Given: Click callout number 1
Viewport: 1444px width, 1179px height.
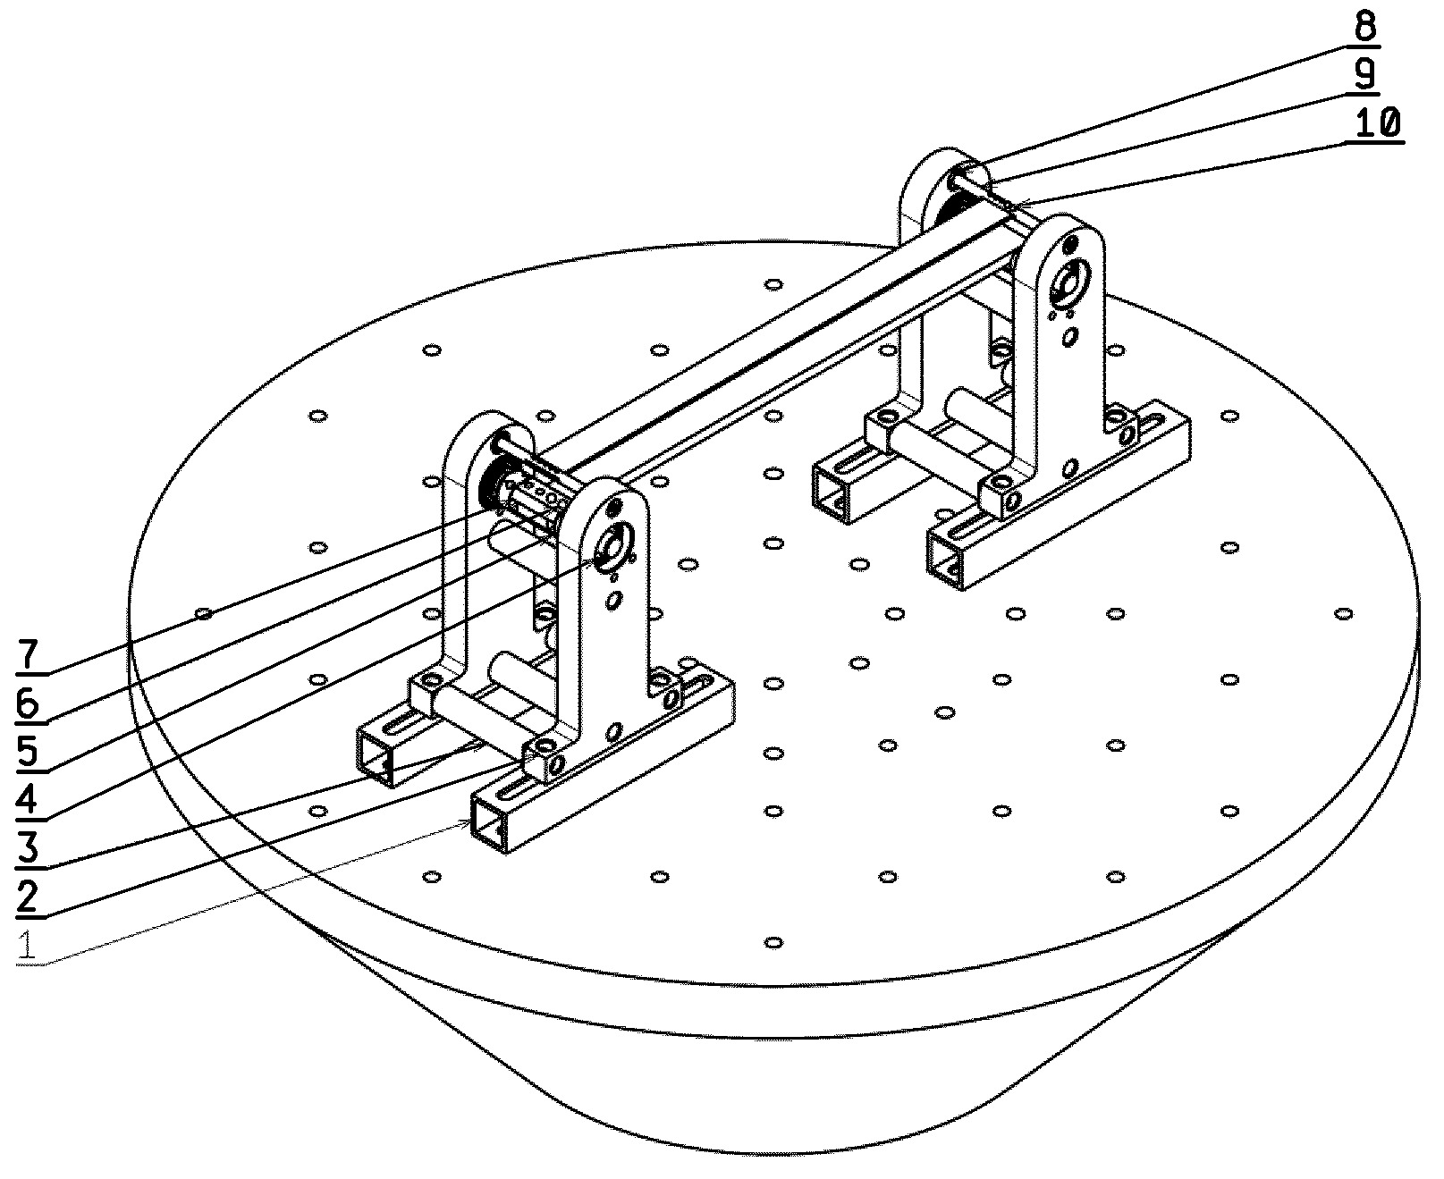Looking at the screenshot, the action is (x=28, y=944).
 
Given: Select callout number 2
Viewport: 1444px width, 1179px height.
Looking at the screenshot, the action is (x=28, y=896).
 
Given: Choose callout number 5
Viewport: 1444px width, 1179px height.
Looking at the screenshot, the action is (x=28, y=752).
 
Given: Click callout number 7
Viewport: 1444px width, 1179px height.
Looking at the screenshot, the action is (x=28, y=656).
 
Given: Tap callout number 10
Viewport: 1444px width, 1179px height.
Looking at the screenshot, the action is (x=1377, y=123).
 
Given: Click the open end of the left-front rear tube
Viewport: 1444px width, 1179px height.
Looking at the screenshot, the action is (x=376, y=755).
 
